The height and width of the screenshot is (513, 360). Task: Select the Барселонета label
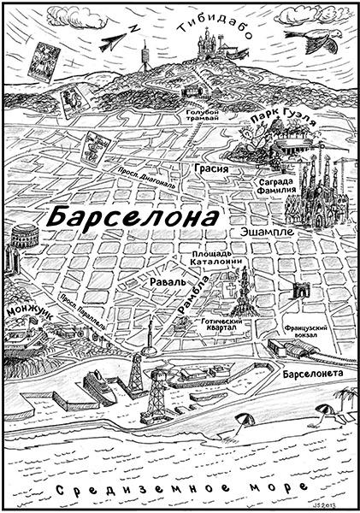(x=310, y=374)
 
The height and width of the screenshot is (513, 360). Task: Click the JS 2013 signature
(x=337, y=505)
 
